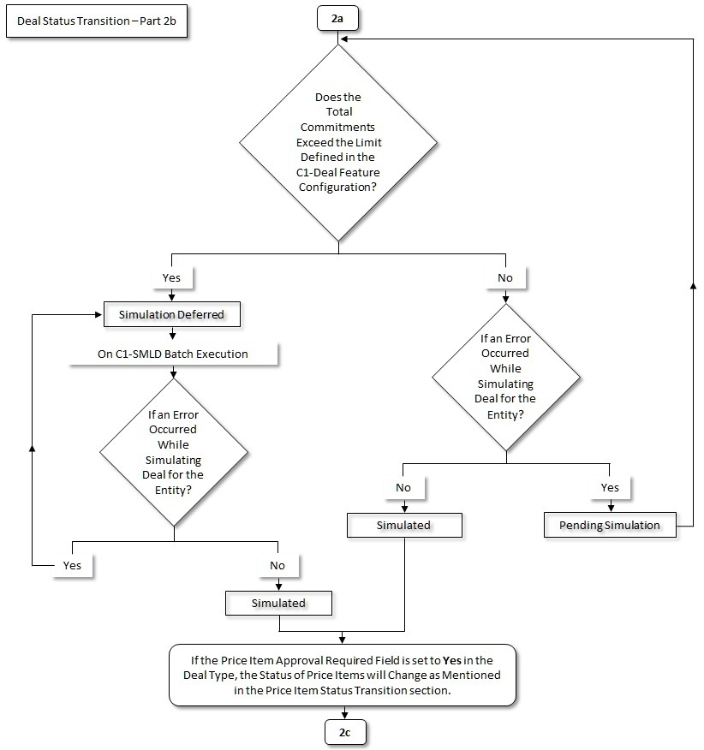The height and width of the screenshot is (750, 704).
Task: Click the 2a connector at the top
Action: tap(339, 16)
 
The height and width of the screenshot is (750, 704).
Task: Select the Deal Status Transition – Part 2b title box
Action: tap(96, 23)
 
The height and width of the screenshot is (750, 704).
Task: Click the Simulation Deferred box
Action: tap(172, 315)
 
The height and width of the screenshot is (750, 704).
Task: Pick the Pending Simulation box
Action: tap(609, 525)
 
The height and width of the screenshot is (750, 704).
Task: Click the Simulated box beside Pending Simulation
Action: tap(403, 525)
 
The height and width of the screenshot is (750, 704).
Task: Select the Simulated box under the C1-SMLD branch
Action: tap(278, 603)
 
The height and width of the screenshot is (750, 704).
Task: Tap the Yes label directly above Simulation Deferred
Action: tap(172, 278)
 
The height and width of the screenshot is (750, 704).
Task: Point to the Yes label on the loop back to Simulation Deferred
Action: tap(72, 565)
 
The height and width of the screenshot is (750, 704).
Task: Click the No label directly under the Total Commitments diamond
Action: tap(506, 278)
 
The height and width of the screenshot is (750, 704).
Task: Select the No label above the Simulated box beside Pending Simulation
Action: tap(403, 487)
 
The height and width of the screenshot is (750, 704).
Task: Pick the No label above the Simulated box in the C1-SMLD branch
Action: tap(278, 565)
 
